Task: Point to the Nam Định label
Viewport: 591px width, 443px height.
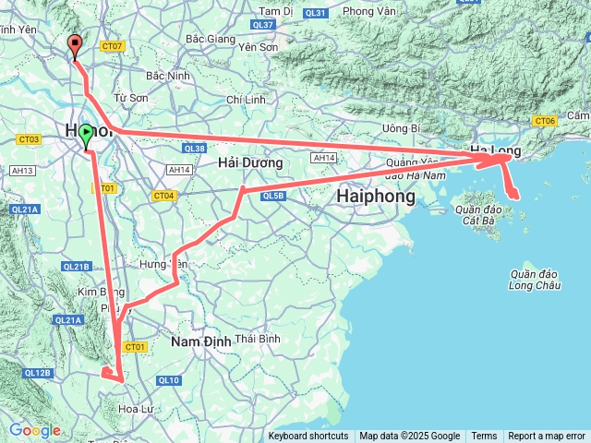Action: click(200, 341)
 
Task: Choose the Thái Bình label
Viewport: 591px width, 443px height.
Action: click(258, 339)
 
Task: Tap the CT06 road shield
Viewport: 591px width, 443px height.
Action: click(545, 121)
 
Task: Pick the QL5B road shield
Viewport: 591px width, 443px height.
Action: click(272, 196)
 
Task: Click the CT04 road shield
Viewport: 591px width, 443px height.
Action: click(163, 196)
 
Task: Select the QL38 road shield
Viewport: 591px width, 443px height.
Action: click(195, 148)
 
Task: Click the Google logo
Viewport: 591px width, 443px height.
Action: click(34, 431)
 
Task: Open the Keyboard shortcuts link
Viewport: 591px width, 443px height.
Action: click(308, 437)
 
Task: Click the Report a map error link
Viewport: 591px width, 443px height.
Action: click(548, 437)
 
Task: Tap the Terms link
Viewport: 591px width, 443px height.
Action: click(484, 437)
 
